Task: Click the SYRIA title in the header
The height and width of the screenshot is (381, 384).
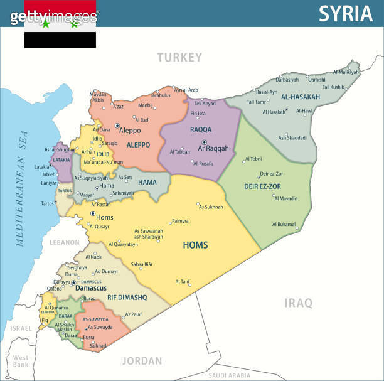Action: [x=346, y=13]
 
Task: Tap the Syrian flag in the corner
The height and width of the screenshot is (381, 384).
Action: [x=60, y=24]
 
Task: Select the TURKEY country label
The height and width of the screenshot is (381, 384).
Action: [x=179, y=58]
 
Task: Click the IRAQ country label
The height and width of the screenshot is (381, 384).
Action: [x=299, y=303]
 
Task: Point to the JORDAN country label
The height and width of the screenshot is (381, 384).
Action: [x=142, y=361]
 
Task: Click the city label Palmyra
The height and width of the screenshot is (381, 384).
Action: [x=180, y=221]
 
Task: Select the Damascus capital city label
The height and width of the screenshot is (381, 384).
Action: [x=90, y=288]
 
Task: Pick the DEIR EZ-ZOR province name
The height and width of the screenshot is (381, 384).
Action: [x=264, y=186]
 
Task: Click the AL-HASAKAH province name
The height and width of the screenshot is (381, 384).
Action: [x=301, y=97]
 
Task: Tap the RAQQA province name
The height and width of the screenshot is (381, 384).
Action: [x=201, y=129]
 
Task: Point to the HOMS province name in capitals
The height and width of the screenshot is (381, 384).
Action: [x=195, y=245]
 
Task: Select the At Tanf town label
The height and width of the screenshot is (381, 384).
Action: [x=183, y=281]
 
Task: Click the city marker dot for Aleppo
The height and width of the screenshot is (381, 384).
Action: [x=117, y=126]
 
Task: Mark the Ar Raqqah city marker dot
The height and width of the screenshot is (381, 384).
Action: [x=204, y=142]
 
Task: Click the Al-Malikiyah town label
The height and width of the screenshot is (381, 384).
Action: [x=346, y=72]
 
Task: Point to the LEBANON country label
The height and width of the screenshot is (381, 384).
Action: [x=65, y=242]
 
